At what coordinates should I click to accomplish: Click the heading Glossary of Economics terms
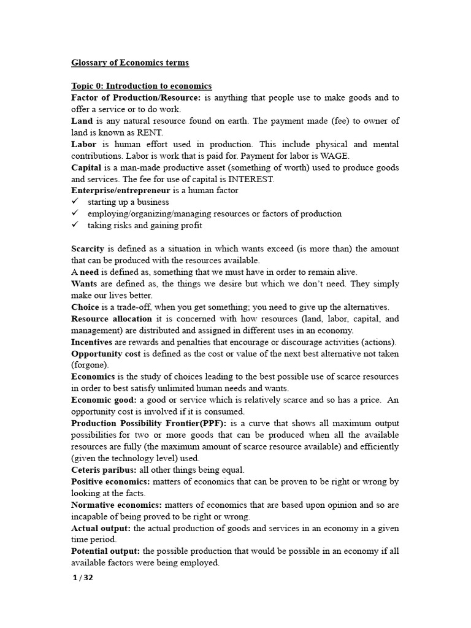(130, 63)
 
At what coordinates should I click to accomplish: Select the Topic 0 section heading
(141, 86)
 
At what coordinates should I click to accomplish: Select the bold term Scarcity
(88, 249)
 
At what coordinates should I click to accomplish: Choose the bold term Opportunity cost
(106, 354)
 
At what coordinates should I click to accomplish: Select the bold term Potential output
(105, 551)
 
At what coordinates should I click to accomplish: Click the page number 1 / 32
(83, 578)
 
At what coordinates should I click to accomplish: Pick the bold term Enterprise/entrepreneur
(121, 191)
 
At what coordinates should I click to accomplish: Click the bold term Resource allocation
(111, 319)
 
